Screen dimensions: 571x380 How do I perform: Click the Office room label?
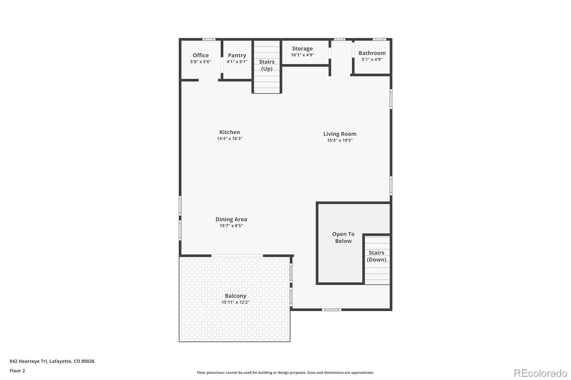click(x=201, y=55)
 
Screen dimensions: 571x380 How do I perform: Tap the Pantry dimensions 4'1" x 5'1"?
click(x=237, y=62)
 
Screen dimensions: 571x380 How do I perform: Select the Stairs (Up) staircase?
click(x=267, y=67)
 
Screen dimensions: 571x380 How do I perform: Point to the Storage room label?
click(x=302, y=48)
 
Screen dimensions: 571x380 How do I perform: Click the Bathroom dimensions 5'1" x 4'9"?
click(x=372, y=59)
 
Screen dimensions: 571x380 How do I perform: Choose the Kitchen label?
click(x=230, y=132)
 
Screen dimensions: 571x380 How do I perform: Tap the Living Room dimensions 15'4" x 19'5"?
click(x=340, y=140)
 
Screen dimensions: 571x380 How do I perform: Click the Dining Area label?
click(x=231, y=219)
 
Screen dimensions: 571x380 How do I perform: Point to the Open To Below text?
click(x=343, y=237)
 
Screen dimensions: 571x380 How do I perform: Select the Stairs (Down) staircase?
click(x=377, y=260)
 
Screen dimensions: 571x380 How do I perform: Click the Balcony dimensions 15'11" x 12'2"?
click(x=235, y=302)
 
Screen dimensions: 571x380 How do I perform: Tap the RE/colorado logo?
click(x=540, y=373)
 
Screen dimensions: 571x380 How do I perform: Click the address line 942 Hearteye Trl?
click(x=52, y=361)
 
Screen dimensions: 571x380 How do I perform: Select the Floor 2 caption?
click(x=17, y=371)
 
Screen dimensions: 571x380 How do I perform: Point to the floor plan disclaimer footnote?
click(x=285, y=373)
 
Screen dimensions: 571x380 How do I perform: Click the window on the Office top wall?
click(x=209, y=40)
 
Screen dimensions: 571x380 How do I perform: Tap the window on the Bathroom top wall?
click(x=379, y=40)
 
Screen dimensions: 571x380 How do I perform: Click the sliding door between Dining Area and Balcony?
click(x=237, y=256)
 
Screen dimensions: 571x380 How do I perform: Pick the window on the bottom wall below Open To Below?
click(x=332, y=310)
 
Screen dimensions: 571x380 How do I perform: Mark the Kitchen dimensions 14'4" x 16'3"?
click(x=230, y=139)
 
